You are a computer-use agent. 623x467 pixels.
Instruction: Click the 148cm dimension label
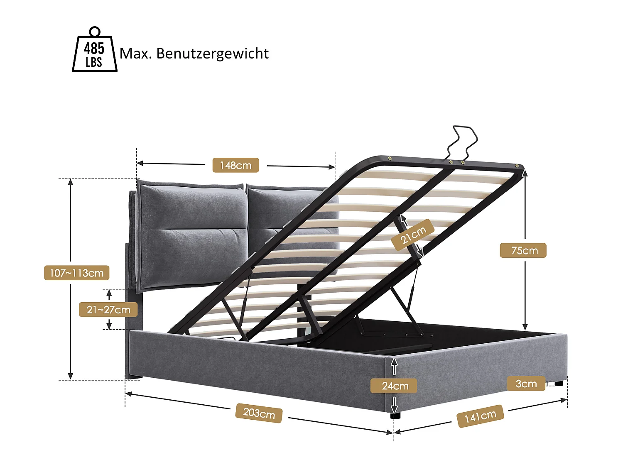click(235, 165)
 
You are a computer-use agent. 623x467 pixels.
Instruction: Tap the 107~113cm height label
click(76, 273)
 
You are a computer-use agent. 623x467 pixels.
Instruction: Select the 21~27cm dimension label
click(108, 310)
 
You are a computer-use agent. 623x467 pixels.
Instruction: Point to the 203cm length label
click(259, 413)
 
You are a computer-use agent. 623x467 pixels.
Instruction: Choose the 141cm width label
click(480, 416)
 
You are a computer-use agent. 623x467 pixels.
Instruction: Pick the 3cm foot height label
click(526, 384)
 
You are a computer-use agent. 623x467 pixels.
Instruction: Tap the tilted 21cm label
click(413, 235)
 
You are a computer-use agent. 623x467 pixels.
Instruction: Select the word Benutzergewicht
click(212, 54)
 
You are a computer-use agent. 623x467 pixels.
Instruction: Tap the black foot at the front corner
click(395, 414)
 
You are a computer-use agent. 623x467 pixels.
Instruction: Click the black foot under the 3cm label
click(559, 383)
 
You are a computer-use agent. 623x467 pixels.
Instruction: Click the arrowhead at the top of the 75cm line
click(525, 173)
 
